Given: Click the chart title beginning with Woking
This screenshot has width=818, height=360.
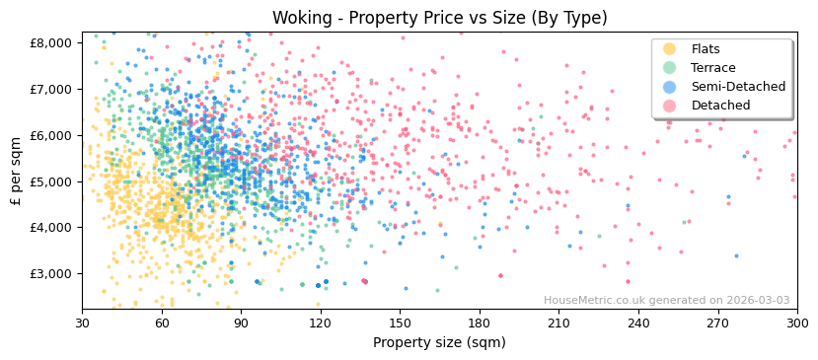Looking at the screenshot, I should point(439,18).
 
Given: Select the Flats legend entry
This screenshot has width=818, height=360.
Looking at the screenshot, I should point(705,49).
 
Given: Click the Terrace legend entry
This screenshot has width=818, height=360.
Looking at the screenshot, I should point(713,68).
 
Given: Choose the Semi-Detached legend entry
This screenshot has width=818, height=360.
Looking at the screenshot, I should point(738,87).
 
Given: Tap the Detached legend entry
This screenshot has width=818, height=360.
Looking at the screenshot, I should point(720,106).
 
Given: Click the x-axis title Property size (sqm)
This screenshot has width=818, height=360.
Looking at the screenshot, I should point(439,342).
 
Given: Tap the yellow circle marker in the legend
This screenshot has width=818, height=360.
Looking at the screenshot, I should point(670,49).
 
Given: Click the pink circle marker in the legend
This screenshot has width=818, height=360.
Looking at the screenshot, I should point(670,106).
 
